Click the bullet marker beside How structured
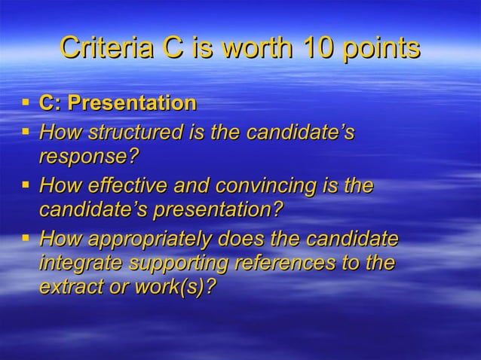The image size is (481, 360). pos(26,131)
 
